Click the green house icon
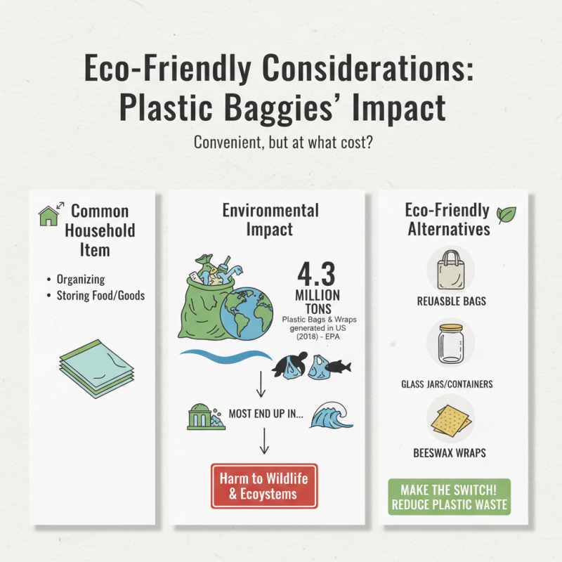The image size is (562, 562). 48,216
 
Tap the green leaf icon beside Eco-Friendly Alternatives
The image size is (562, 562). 506,214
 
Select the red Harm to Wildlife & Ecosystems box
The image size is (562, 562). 264,485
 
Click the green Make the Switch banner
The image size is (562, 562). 450,497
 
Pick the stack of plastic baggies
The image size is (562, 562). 94,367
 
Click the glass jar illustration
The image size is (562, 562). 450,344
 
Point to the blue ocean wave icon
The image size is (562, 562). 329,417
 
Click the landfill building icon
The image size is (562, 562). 203,417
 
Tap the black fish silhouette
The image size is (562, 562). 339,365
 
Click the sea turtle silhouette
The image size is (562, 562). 285,367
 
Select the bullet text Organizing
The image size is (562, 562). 81,279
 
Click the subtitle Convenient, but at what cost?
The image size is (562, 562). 280,141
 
